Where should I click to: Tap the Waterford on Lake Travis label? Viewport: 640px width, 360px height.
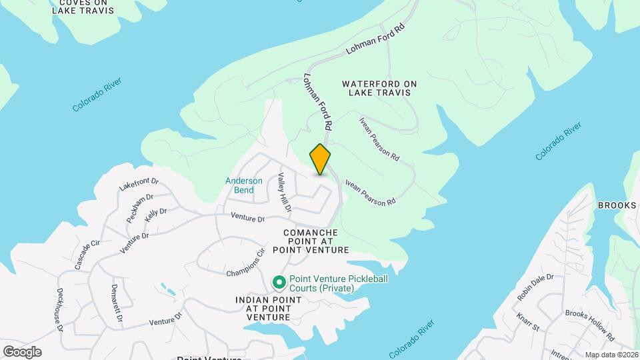coord(379,88)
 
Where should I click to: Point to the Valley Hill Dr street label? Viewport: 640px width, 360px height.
coord(285,193)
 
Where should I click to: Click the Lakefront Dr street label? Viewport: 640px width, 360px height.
coord(139,185)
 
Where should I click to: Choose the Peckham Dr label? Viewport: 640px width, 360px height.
coord(139,209)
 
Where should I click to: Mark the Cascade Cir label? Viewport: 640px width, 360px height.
coord(87,254)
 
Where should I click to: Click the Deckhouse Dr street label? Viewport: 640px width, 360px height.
coord(60,309)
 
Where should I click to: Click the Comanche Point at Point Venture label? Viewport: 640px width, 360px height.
coord(317,241)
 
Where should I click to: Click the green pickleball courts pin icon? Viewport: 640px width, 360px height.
coord(279,283)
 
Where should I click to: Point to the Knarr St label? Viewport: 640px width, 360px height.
coord(527,321)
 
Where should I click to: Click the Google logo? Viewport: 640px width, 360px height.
coord(22,351)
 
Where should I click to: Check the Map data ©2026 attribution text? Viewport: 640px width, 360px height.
coord(611,355)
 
